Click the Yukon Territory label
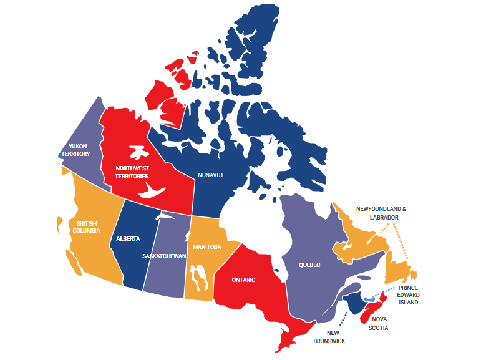[x=75, y=150]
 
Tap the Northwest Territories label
[x=132, y=172]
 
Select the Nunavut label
[x=210, y=175]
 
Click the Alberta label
[x=128, y=239]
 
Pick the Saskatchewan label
[x=164, y=256]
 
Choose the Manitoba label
[x=207, y=246]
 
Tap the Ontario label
[x=243, y=280]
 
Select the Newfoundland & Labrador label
[x=381, y=213]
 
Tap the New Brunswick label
[x=329, y=337]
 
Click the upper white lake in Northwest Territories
[x=138, y=152]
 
